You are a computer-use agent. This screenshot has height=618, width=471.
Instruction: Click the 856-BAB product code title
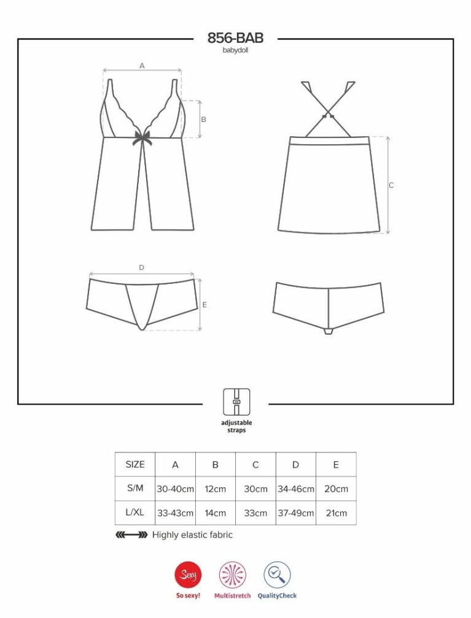(x=235, y=38)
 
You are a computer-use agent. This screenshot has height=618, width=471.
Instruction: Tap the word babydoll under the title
(x=235, y=50)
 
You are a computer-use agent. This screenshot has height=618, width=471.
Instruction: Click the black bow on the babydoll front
(x=142, y=137)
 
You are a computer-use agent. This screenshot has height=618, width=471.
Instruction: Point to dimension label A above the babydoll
(x=142, y=66)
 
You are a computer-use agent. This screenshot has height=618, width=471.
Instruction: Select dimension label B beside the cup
(x=204, y=120)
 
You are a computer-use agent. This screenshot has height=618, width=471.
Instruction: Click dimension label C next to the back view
(x=391, y=185)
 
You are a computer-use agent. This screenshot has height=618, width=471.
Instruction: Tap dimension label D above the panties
(x=141, y=267)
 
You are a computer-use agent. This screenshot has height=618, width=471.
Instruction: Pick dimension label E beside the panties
(x=204, y=305)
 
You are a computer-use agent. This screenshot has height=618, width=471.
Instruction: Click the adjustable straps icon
(x=236, y=402)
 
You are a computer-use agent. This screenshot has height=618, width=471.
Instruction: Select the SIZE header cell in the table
(x=135, y=464)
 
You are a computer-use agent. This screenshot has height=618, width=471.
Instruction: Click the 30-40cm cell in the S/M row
(x=175, y=489)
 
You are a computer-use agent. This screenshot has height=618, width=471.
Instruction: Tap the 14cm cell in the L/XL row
(x=216, y=513)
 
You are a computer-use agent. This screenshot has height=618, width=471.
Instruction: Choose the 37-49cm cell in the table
(x=296, y=513)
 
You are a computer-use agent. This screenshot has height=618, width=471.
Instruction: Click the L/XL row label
(x=135, y=513)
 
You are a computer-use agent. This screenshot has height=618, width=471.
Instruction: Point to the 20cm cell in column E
(x=337, y=489)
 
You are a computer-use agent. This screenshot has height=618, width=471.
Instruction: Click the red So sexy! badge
(x=188, y=574)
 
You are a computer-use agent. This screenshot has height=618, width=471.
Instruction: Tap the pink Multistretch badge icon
(x=233, y=574)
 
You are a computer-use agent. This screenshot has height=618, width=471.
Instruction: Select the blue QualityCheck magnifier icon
(x=277, y=574)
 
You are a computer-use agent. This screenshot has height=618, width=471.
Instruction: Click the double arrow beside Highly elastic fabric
(x=131, y=535)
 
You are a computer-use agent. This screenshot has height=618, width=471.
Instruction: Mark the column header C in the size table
(x=255, y=465)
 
